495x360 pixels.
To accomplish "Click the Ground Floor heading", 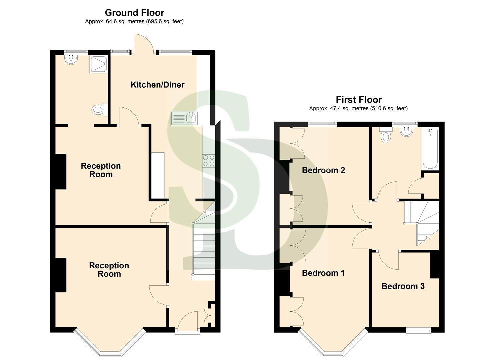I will [x=134, y=13].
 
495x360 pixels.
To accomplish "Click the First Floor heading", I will [x=359, y=100].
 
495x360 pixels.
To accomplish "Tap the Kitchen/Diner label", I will [x=157, y=85].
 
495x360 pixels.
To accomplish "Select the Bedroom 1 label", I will [x=323, y=273].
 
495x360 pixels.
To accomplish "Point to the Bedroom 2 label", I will [x=323, y=170].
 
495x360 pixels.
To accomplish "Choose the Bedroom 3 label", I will [x=403, y=286].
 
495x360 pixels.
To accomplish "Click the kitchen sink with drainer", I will [x=184, y=118].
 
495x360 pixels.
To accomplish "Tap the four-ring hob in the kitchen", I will [x=209, y=161].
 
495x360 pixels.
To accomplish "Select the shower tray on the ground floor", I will [x=98, y=64].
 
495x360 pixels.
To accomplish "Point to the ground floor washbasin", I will [x=71, y=60].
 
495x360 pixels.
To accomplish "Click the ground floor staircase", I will [x=203, y=247].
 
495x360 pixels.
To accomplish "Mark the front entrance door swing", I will [x=187, y=321].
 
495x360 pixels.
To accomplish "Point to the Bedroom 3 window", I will [x=418, y=330].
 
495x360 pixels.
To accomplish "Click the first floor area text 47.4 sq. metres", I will [x=358, y=108].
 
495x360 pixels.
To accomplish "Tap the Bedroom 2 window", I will [x=322, y=124].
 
